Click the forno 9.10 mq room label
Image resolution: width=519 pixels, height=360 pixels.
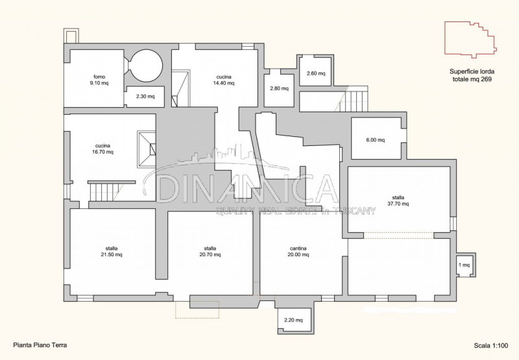[x=99, y=80]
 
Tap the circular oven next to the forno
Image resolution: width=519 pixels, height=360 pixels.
[x=146, y=66]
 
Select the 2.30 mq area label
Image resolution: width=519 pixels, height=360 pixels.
[x=145, y=97]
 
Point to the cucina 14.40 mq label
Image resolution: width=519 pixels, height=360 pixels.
[x=224, y=80]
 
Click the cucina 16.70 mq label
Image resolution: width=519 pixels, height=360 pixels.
[x=103, y=149]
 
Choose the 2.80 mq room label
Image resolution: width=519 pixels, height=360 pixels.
[x=280, y=88]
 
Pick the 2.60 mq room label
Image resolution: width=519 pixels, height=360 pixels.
[x=316, y=73]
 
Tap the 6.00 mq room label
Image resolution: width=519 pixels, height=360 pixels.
[x=376, y=140]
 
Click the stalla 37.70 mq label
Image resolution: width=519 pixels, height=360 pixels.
[x=398, y=201]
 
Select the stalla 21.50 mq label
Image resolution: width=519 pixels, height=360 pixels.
[x=112, y=252]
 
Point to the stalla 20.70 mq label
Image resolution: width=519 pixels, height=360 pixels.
[x=210, y=252]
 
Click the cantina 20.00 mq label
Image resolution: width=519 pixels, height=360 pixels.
[x=298, y=252]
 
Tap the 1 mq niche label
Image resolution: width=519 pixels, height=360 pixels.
[x=464, y=265]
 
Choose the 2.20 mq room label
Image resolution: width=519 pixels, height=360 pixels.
[x=293, y=320]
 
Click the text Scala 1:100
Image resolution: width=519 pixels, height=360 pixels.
[x=491, y=346]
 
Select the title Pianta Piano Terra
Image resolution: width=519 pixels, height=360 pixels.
[x=40, y=345]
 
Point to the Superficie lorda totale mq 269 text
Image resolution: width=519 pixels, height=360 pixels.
[x=472, y=75]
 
